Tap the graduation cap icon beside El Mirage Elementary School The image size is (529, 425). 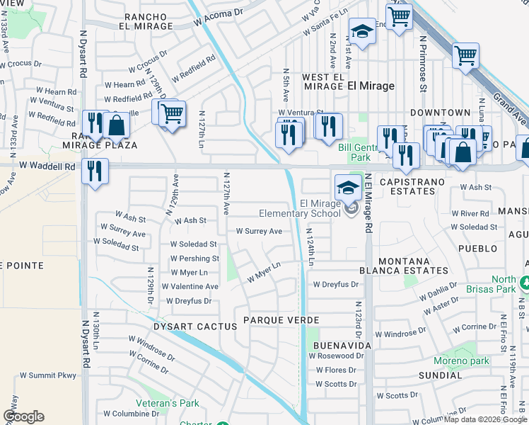click(347, 188)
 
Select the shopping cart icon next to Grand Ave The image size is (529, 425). click(465, 56)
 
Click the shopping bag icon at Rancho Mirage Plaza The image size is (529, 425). click(116, 127)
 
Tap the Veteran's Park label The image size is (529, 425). click(168, 404)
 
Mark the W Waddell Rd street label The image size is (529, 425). click(47, 166)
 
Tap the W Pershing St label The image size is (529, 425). click(194, 259)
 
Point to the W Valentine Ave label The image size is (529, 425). click(190, 286)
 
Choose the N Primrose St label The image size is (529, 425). click(423, 64)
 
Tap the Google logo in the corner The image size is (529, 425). click(23, 416)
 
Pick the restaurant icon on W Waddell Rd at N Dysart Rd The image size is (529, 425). click(94, 171)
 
